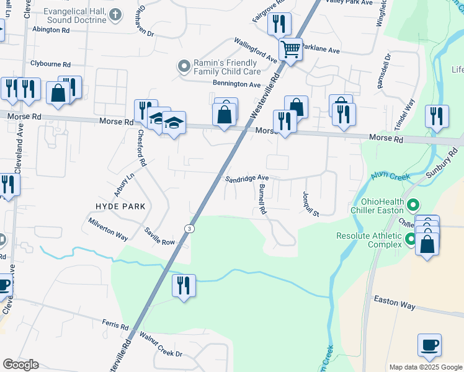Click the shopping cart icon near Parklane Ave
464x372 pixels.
290,48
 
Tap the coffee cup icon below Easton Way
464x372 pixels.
429,345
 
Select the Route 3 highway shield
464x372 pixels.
187,229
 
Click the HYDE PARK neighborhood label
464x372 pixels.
120,206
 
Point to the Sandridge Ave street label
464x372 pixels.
246,179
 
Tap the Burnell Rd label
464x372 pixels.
262,200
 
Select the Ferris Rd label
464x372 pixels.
116,326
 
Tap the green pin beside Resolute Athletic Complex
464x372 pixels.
410,239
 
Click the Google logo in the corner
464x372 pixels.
20,365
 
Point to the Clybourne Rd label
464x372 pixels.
50,64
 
